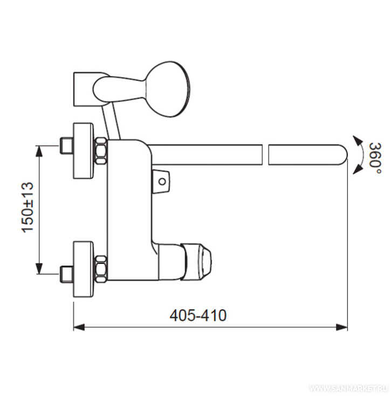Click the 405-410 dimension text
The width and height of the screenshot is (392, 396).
[x=198, y=315]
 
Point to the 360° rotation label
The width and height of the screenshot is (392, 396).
[x=375, y=158]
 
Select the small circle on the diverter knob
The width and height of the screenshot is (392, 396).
[x=162, y=182]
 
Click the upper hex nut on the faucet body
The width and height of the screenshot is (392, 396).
[x=101, y=151]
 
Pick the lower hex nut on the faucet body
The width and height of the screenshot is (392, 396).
[x=101, y=269]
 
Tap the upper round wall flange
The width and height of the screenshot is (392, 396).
[x=83, y=151]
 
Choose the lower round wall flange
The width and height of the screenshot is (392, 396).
[x=83, y=269]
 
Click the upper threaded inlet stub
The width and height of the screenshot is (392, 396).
[x=66, y=145]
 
